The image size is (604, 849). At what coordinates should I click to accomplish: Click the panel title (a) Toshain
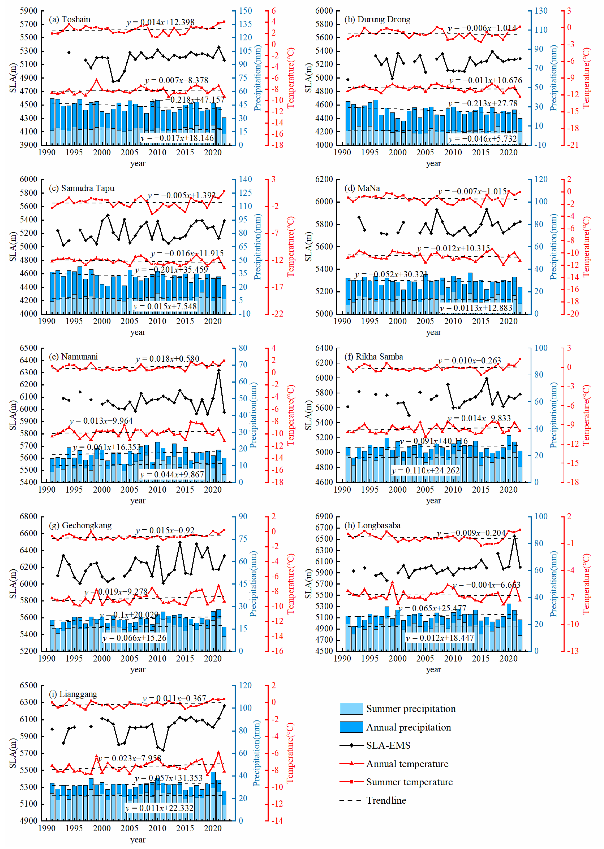click(x=70, y=19)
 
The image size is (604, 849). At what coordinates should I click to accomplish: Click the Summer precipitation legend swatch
click(x=351, y=709)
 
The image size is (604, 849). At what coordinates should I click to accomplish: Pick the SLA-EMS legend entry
click(x=388, y=745)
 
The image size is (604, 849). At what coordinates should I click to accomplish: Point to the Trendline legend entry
click(x=386, y=800)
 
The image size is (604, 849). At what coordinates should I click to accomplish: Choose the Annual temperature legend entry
click(x=407, y=764)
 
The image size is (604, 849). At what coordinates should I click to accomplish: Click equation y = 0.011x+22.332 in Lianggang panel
click(x=159, y=808)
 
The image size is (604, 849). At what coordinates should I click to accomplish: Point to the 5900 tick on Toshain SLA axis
click(x=29, y=11)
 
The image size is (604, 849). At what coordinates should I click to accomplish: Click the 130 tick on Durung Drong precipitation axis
click(x=541, y=11)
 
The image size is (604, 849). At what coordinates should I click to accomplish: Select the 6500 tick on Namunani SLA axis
click(x=29, y=348)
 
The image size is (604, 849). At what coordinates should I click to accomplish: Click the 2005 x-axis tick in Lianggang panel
click(x=129, y=828)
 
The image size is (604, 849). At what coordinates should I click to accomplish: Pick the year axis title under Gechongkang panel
click(x=138, y=669)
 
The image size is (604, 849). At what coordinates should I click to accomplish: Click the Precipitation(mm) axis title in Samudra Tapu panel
click(x=257, y=246)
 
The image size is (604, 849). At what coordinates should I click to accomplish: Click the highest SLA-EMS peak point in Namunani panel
click(x=218, y=370)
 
